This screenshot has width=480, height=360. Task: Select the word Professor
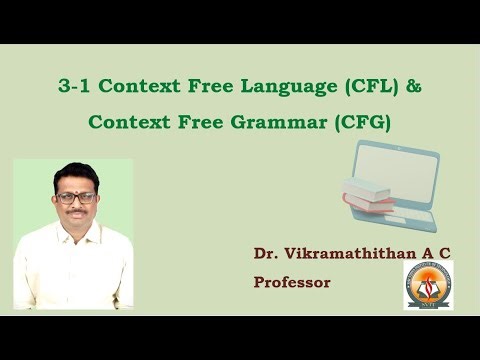pos(292,282)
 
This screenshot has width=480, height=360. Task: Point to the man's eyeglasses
pos(75,198)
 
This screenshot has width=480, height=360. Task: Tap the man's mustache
pos(76,213)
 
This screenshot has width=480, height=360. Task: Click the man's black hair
pos(75,172)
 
